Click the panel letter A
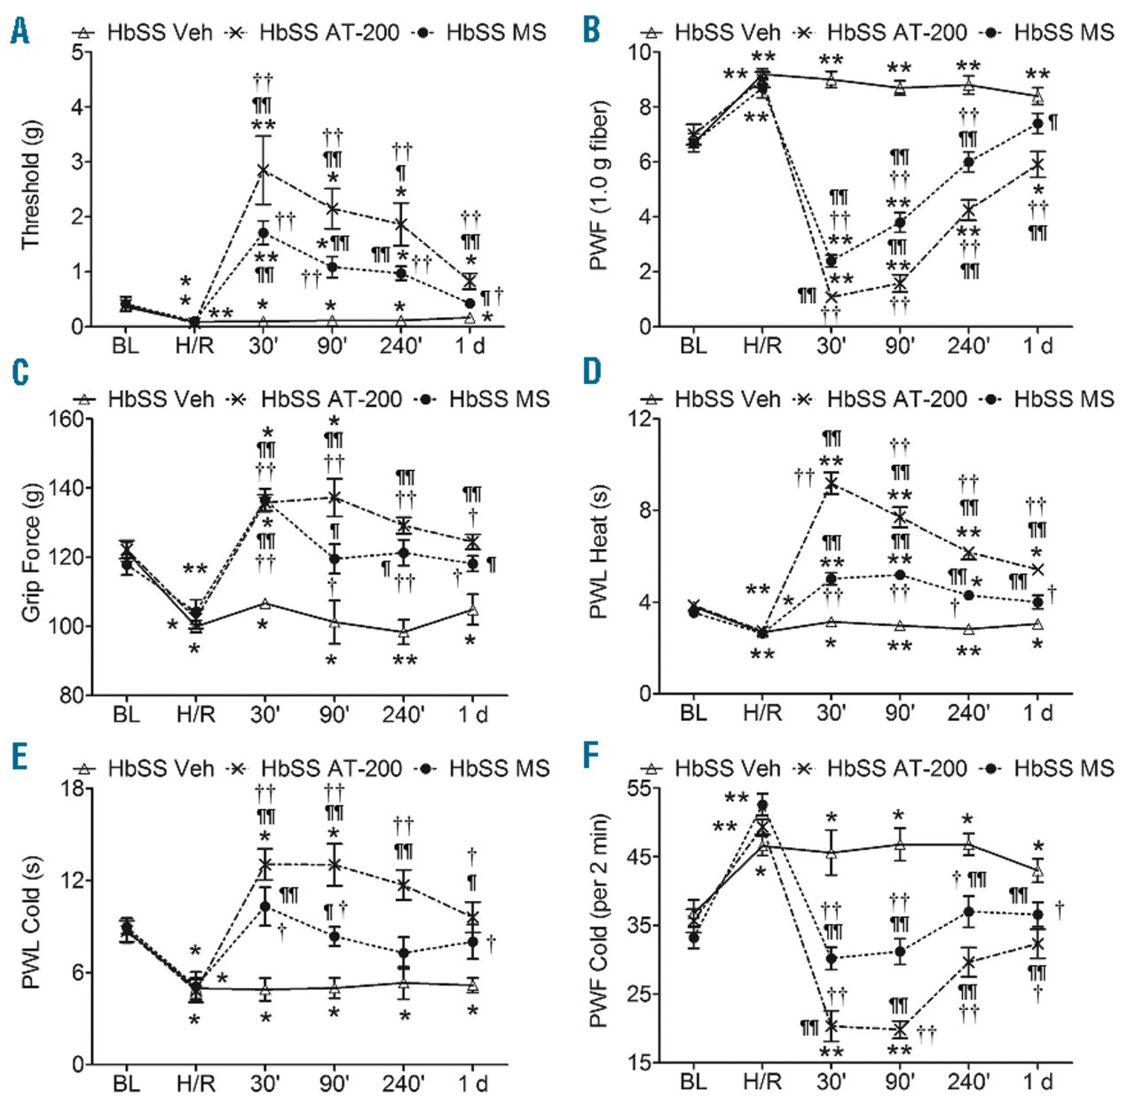click(20, 31)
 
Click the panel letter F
click(592, 756)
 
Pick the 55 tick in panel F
click(638, 788)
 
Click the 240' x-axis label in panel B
click(968, 345)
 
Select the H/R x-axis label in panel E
click(195, 1083)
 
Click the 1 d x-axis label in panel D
click(1037, 713)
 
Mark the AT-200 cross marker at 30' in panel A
click(264, 169)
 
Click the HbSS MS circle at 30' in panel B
click(832, 261)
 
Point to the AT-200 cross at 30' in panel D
click(832, 483)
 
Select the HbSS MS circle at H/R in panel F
click(761, 805)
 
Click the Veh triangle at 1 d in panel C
click(472, 610)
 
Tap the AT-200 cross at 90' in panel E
click(334, 864)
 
